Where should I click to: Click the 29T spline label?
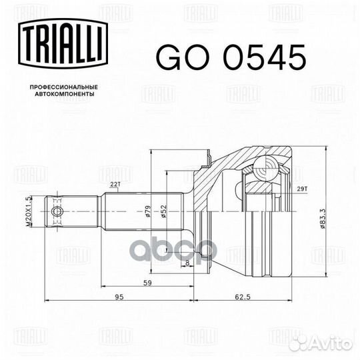click(303, 190)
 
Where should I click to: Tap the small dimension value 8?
click(188, 265)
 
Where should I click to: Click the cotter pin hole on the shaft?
click(57, 211)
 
